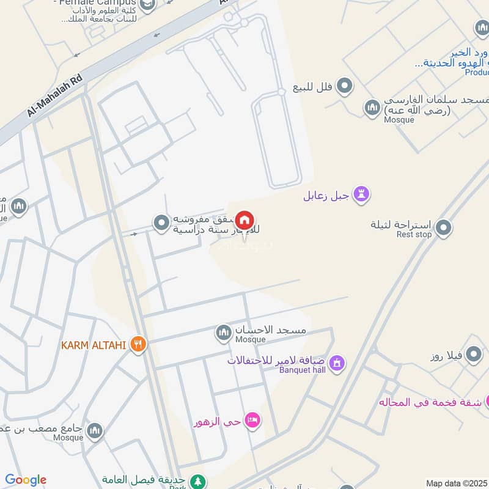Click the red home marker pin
pos(244,221)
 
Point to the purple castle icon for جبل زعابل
pos(362,196)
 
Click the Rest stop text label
pos(414,235)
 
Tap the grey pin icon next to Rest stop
pos(444,228)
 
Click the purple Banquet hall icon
pos(336,365)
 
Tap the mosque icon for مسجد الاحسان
pos(223,333)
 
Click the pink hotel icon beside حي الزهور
pos(252,421)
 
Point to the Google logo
pos(26,480)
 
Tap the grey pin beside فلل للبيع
pos(345,86)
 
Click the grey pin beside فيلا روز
pos(473,354)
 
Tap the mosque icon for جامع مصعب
pos(94,432)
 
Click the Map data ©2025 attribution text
pos(456,483)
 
